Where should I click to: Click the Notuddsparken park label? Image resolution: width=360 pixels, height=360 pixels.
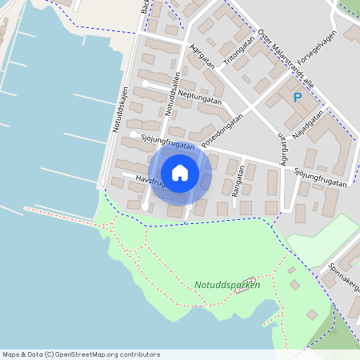click(226, 285)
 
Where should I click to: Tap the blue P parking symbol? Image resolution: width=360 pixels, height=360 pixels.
click(297, 98)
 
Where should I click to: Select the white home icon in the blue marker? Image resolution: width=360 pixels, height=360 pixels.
click(180, 172)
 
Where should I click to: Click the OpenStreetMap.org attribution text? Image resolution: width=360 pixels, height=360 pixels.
click(107, 354)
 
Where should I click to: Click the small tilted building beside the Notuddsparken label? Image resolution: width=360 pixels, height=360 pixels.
click(245, 286)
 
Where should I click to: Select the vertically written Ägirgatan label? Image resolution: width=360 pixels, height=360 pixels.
click(282, 149)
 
